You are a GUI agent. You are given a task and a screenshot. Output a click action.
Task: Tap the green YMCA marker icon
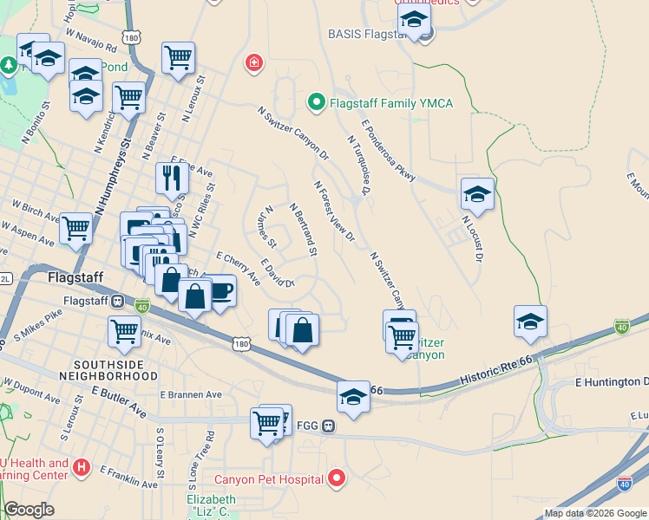tap(317, 104)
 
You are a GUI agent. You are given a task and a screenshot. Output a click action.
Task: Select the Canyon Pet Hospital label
tap(268, 478)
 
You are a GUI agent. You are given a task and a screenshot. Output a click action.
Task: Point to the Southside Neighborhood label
tap(116, 370)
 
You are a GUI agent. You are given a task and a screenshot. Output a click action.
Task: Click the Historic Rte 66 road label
tap(495, 374)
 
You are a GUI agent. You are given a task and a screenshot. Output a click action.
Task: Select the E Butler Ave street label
tap(119, 401)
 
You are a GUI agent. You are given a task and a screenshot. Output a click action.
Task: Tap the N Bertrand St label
tap(304, 230)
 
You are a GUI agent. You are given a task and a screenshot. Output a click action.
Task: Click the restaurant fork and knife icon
tap(171, 178)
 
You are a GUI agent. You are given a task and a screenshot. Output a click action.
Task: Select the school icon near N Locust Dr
tap(477, 195)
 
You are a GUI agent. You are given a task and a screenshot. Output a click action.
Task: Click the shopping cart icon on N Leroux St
tap(178, 57)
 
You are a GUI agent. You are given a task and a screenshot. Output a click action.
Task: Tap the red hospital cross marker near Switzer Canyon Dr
tap(253, 62)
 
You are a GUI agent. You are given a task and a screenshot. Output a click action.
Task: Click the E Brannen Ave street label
tap(191, 394)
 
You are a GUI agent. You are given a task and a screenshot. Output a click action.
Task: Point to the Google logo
tap(29, 510)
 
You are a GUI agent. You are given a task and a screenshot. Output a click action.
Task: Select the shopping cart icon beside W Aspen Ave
tap(75, 229)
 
